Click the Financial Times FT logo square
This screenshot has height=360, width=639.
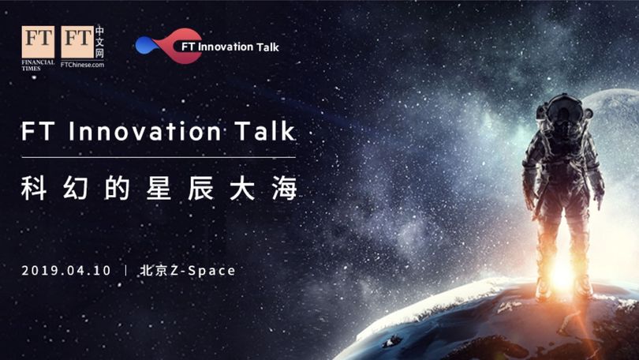38,42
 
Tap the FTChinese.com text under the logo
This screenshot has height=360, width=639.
82,65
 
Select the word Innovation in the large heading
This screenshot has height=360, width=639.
145,131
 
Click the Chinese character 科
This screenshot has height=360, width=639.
34,188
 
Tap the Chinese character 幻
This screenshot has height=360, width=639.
76,188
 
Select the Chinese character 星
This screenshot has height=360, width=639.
159,188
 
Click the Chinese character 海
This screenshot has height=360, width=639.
285,188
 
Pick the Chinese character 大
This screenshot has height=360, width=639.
242,188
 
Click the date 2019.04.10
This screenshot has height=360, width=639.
66,271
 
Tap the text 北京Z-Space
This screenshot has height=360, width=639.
188,271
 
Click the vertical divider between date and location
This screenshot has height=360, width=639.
125,271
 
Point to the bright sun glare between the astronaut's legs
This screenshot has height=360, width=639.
562,274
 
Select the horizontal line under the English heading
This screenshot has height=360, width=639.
159,157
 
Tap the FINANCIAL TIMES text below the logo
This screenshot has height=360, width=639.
38,66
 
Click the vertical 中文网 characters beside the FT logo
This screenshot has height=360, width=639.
100,42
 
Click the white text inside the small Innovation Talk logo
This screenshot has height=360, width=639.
230,47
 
